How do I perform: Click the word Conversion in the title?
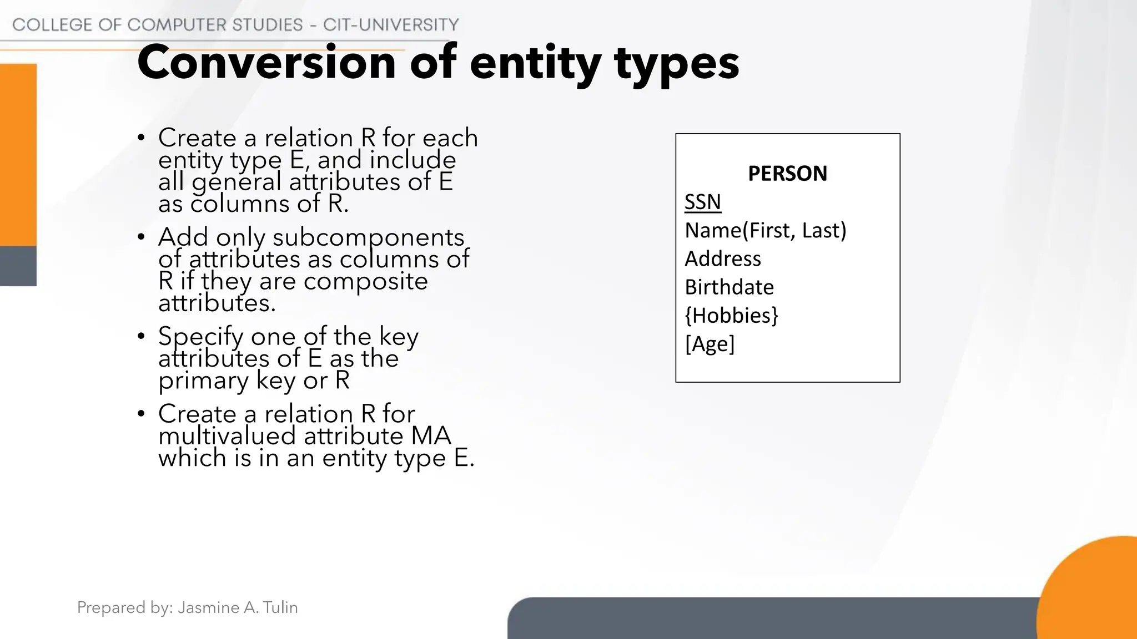pyautogui.click(x=266, y=63)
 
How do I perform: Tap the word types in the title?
pyautogui.click(x=677, y=64)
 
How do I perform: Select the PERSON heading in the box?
pyautogui.click(x=787, y=174)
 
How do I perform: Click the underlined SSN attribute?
pyautogui.click(x=702, y=202)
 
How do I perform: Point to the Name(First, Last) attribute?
pyautogui.click(x=765, y=230)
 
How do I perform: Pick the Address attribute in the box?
pyautogui.click(x=722, y=258)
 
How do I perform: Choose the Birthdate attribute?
pyautogui.click(x=729, y=287)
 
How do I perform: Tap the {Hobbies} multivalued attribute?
pyautogui.click(x=731, y=315)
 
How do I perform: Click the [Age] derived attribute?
pyautogui.click(x=710, y=344)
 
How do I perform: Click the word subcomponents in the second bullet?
pyautogui.click(x=368, y=237)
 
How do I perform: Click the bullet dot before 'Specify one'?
pyautogui.click(x=142, y=337)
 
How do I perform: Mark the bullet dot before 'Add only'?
pyautogui.click(x=142, y=237)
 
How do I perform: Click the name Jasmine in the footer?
pyautogui.click(x=209, y=607)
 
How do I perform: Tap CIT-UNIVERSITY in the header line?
pyautogui.click(x=391, y=25)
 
